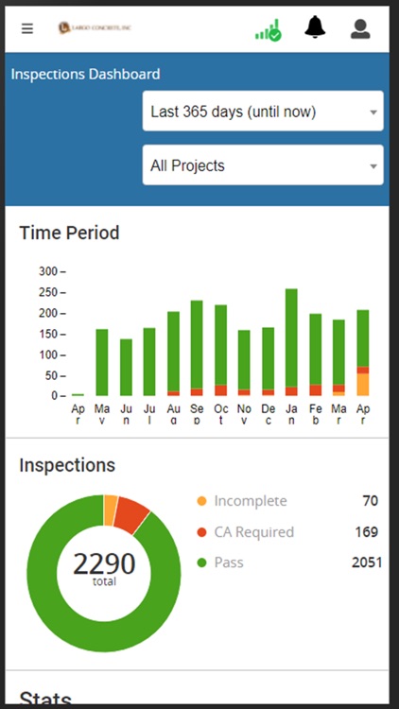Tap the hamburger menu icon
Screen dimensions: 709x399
(27, 28)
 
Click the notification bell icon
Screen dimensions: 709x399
(315, 27)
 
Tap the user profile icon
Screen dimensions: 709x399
(360, 28)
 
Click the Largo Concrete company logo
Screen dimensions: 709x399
(95, 28)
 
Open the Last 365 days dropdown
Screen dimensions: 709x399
(263, 112)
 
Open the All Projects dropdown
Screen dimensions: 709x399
(263, 165)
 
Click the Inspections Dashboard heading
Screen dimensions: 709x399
(86, 74)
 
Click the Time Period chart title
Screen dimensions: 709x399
(69, 232)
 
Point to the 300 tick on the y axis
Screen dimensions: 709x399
(51, 271)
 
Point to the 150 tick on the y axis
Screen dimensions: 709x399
(51, 334)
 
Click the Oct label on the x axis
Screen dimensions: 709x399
(220, 415)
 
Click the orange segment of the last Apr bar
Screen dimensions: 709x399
(363, 384)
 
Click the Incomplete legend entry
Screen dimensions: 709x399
(250, 501)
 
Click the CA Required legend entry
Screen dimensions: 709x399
(253, 532)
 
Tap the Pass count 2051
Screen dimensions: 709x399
(366, 562)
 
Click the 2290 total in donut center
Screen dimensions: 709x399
(103, 566)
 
